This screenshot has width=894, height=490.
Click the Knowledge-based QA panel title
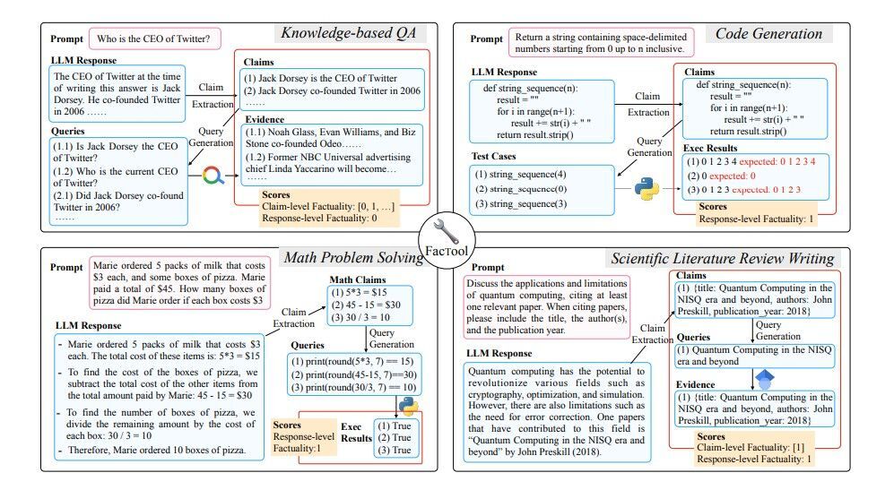pos(352,34)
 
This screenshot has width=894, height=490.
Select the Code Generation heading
pos(768,34)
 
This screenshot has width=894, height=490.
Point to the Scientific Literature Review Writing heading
pos(723,259)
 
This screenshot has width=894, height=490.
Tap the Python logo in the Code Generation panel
pos(646,188)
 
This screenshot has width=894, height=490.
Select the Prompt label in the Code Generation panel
pos(487,39)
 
